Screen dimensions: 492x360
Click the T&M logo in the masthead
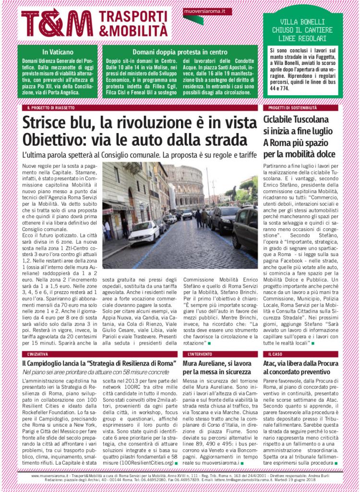click(57, 23)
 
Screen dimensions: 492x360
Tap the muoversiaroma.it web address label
click(201, 10)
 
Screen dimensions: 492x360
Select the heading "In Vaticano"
click(57, 52)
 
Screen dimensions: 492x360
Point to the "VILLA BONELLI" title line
click(302, 22)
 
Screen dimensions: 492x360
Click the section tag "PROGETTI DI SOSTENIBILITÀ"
click(289, 108)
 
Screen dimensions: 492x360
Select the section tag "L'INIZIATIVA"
click(38, 354)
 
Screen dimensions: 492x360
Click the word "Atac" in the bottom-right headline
click(270, 364)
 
